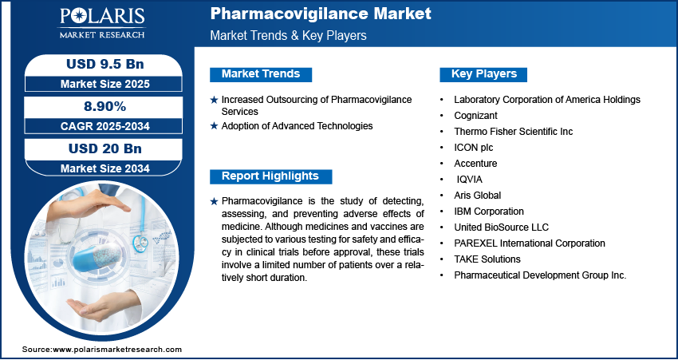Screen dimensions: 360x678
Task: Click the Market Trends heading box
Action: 261,74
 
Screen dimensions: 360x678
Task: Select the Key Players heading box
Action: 484,74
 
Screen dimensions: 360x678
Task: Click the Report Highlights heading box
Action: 270,176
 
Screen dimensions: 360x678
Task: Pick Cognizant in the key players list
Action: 476,115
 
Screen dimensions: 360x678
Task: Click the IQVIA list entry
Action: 470,180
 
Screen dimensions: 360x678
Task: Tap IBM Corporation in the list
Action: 489,212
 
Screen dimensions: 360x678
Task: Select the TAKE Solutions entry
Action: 487,259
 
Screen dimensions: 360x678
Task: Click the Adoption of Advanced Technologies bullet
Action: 297,126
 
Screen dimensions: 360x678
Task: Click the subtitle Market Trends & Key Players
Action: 289,35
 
